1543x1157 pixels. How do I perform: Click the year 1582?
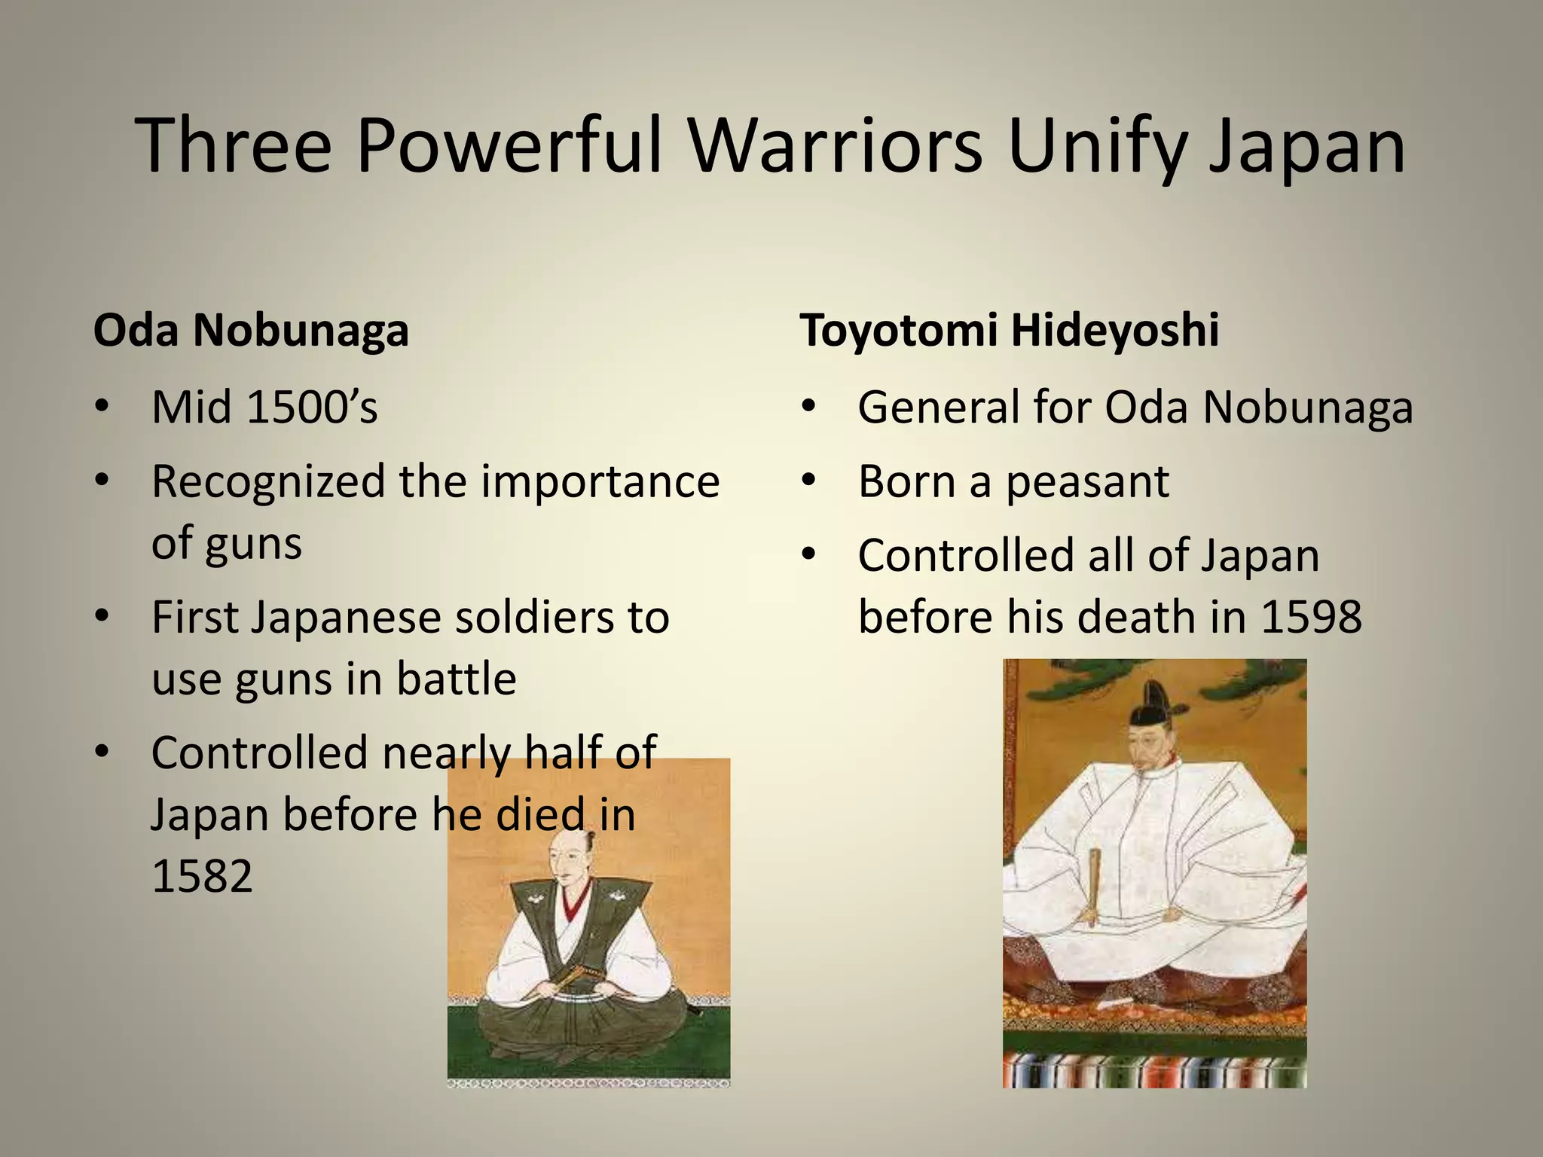202,876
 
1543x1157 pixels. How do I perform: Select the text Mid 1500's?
264,408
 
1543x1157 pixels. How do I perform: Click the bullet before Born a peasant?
809,481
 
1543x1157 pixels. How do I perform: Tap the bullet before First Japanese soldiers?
102,616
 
